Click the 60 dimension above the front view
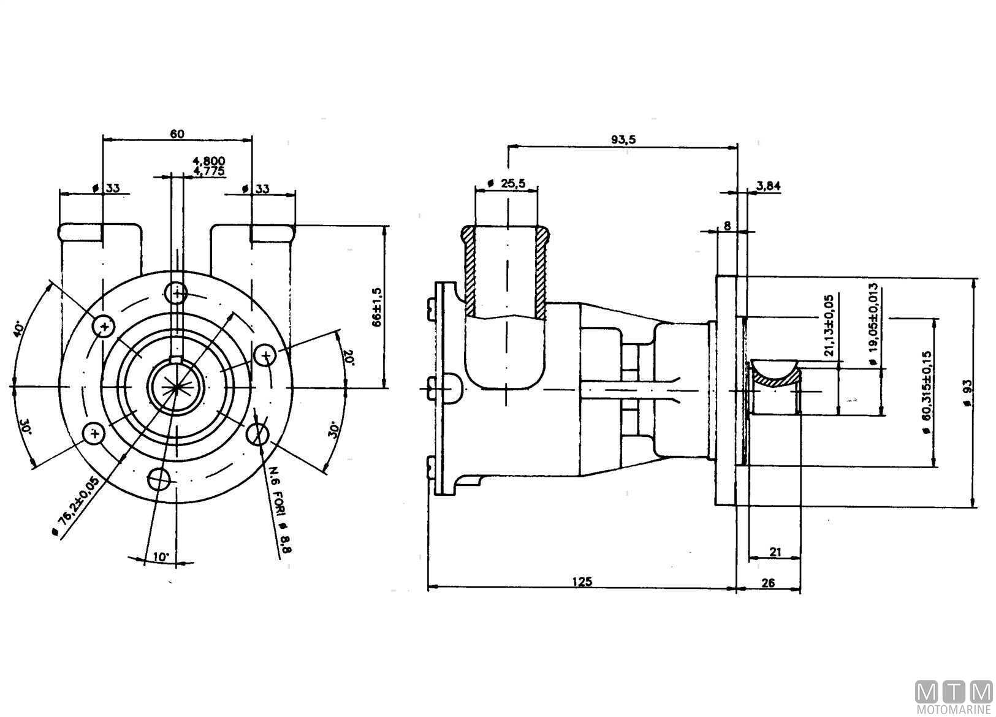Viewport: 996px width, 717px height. [177, 134]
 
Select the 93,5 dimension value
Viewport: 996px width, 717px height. [623, 140]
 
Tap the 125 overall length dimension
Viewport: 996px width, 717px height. [582, 582]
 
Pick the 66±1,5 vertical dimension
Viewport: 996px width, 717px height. [377, 307]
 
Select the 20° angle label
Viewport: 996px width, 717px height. [348, 357]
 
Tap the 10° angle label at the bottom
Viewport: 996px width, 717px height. [161, 557]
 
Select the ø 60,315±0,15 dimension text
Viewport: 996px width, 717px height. [926, 393]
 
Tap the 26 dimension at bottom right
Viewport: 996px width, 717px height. [767, 582]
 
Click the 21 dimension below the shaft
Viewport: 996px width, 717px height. [775, 552]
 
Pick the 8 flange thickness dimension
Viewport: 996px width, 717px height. [727, 226]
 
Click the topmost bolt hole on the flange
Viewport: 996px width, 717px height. [178, 294]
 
